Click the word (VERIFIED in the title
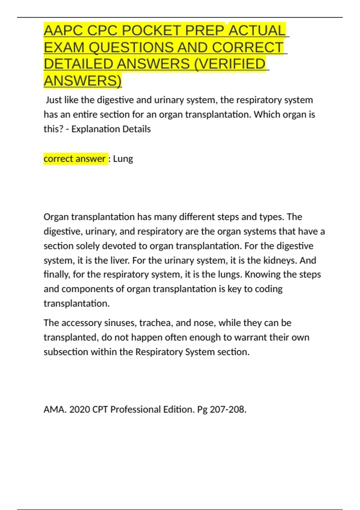click(x=230, y=64)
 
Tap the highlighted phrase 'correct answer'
click(x=75, y=158)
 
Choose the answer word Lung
click(x=123, y=159)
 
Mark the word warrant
click(x=250, y=337)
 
